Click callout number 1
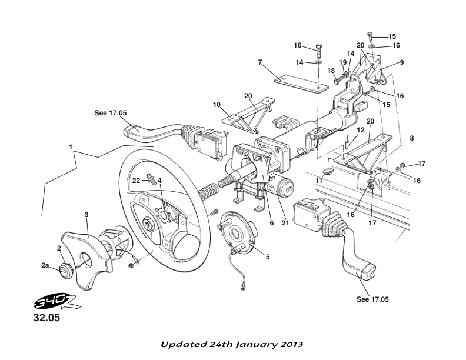(71, 145)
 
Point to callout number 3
(86, 215)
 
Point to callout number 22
(135, 180)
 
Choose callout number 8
(412, 138)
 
